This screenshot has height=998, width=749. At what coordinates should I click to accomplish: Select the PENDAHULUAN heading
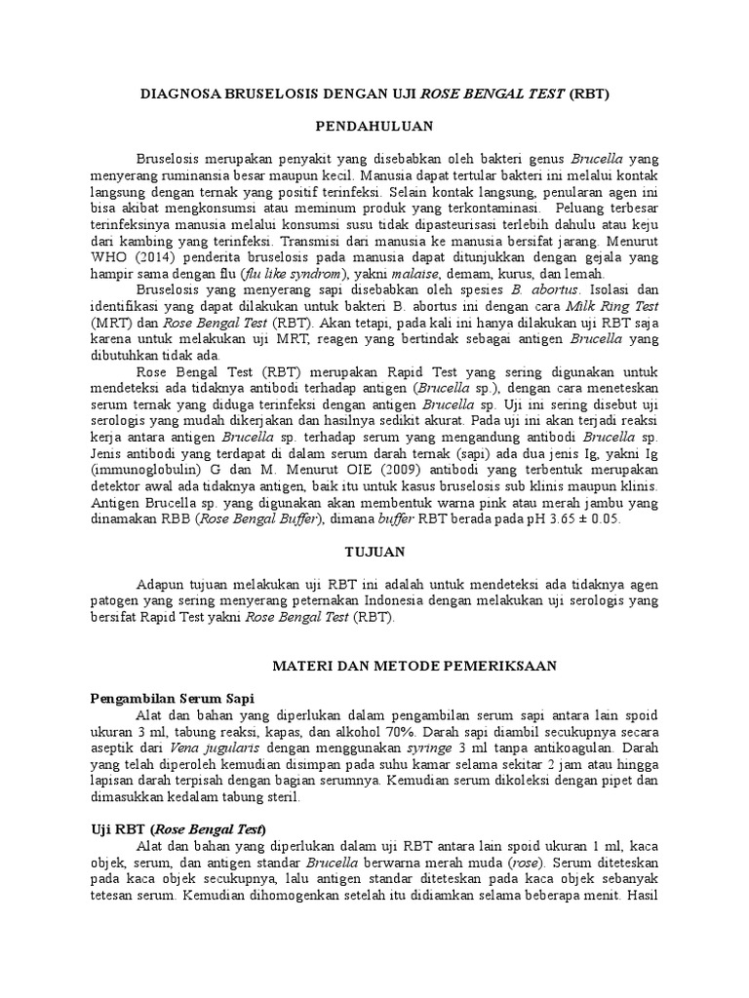[374, 127]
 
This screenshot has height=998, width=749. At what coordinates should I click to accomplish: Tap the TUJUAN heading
[374, 552]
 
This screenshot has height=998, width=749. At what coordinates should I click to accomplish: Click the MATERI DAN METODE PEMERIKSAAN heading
[413, 665]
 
